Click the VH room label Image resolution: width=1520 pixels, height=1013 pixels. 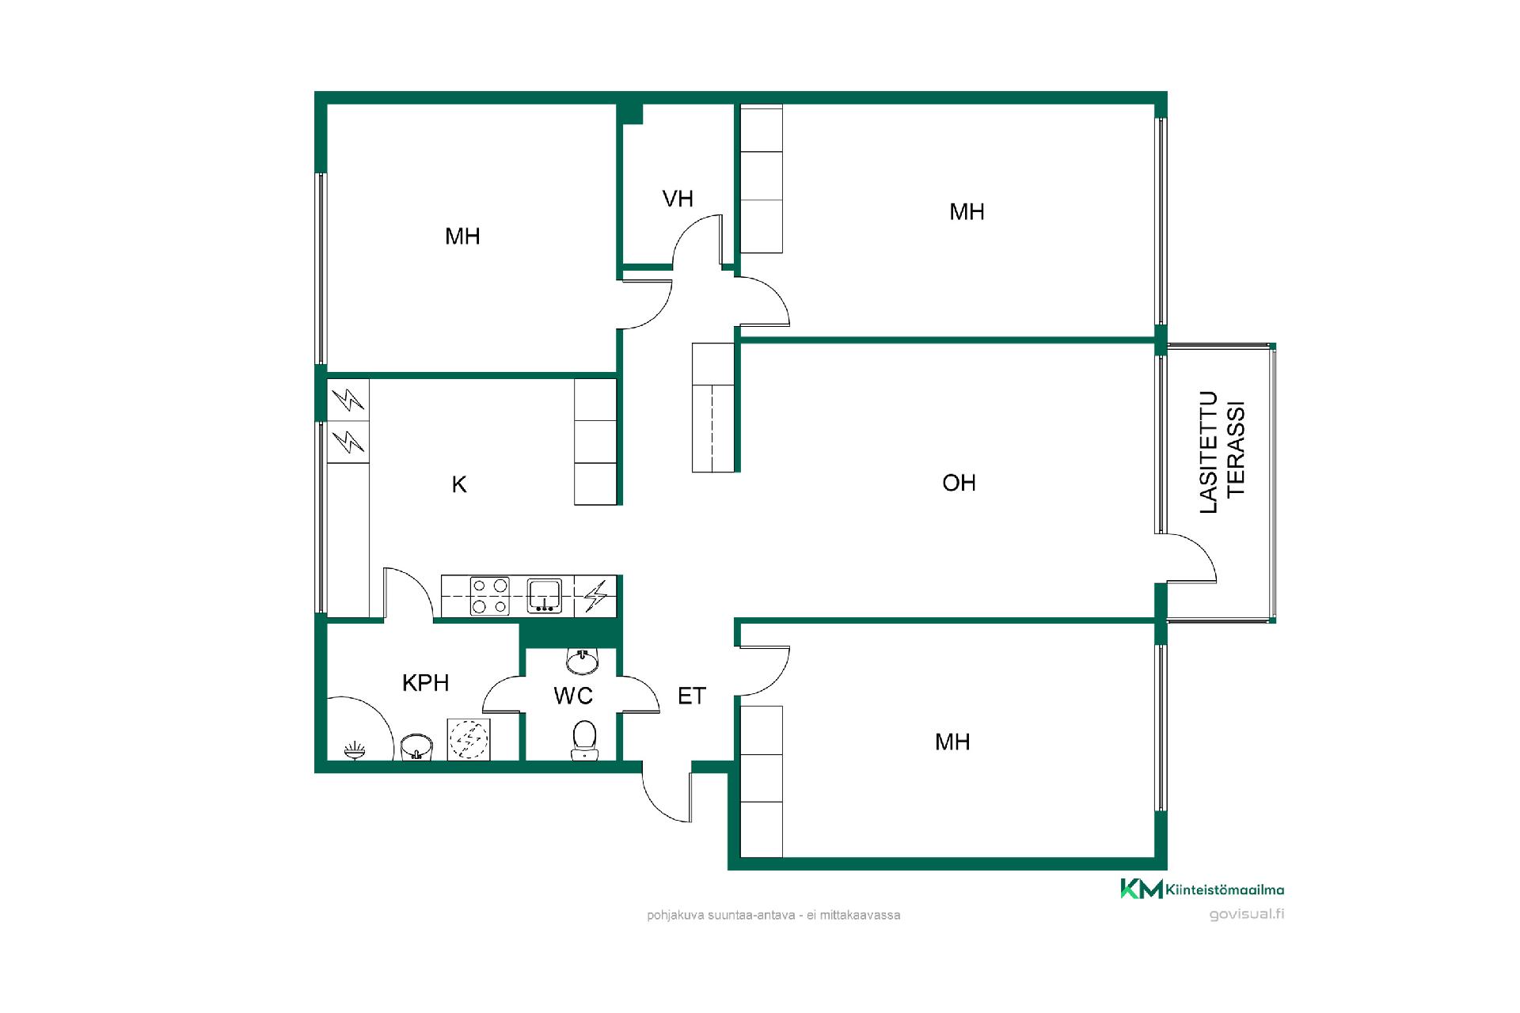click(678, 199)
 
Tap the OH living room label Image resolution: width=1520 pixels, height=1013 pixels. click(959, 483)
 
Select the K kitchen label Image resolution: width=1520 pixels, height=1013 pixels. click(459, 484)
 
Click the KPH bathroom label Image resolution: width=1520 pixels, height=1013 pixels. click(425, 682)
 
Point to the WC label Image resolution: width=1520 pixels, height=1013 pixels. click(573, 696)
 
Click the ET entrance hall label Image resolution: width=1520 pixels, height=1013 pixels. click(691, 696)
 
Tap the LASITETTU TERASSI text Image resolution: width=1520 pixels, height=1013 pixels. click(1223, 452)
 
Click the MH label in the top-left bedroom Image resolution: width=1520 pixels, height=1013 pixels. click(462, 236)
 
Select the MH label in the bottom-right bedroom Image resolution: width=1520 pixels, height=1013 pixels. click(952, 742)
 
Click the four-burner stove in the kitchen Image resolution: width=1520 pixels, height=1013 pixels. click(489, 596)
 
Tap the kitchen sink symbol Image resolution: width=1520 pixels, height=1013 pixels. click(545, 596)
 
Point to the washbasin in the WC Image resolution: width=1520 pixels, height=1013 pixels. click(583, 659)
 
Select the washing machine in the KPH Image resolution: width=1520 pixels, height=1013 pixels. click(469, 739)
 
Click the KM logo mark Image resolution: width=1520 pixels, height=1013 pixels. click(1142, 889)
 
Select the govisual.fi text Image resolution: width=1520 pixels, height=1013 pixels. click(1246, 914)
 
